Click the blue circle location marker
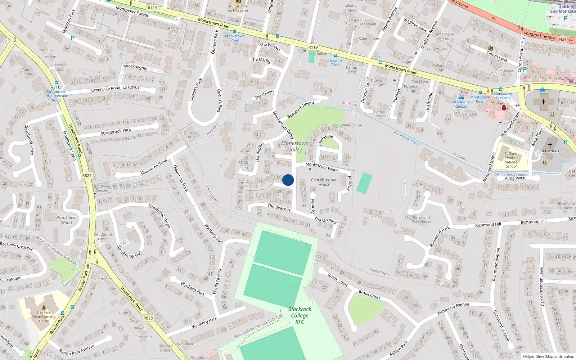[288, 180]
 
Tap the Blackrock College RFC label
[300, 315]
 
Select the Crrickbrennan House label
[324, 182]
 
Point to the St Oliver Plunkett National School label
[511, 160]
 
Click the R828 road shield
[148, 318]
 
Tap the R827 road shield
[87, 176]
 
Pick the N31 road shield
[563, 39]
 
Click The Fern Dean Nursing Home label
[44, 317]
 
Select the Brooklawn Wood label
[67, 220]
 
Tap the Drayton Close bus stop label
[335, 63]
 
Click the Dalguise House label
[377, 215]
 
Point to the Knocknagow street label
[135, 67]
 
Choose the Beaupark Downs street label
[301, 110]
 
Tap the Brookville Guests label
[461, 104]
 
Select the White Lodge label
[351, 125]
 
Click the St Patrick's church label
[550, 151]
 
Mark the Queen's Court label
[190, 135]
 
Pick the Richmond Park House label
[421, 220]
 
